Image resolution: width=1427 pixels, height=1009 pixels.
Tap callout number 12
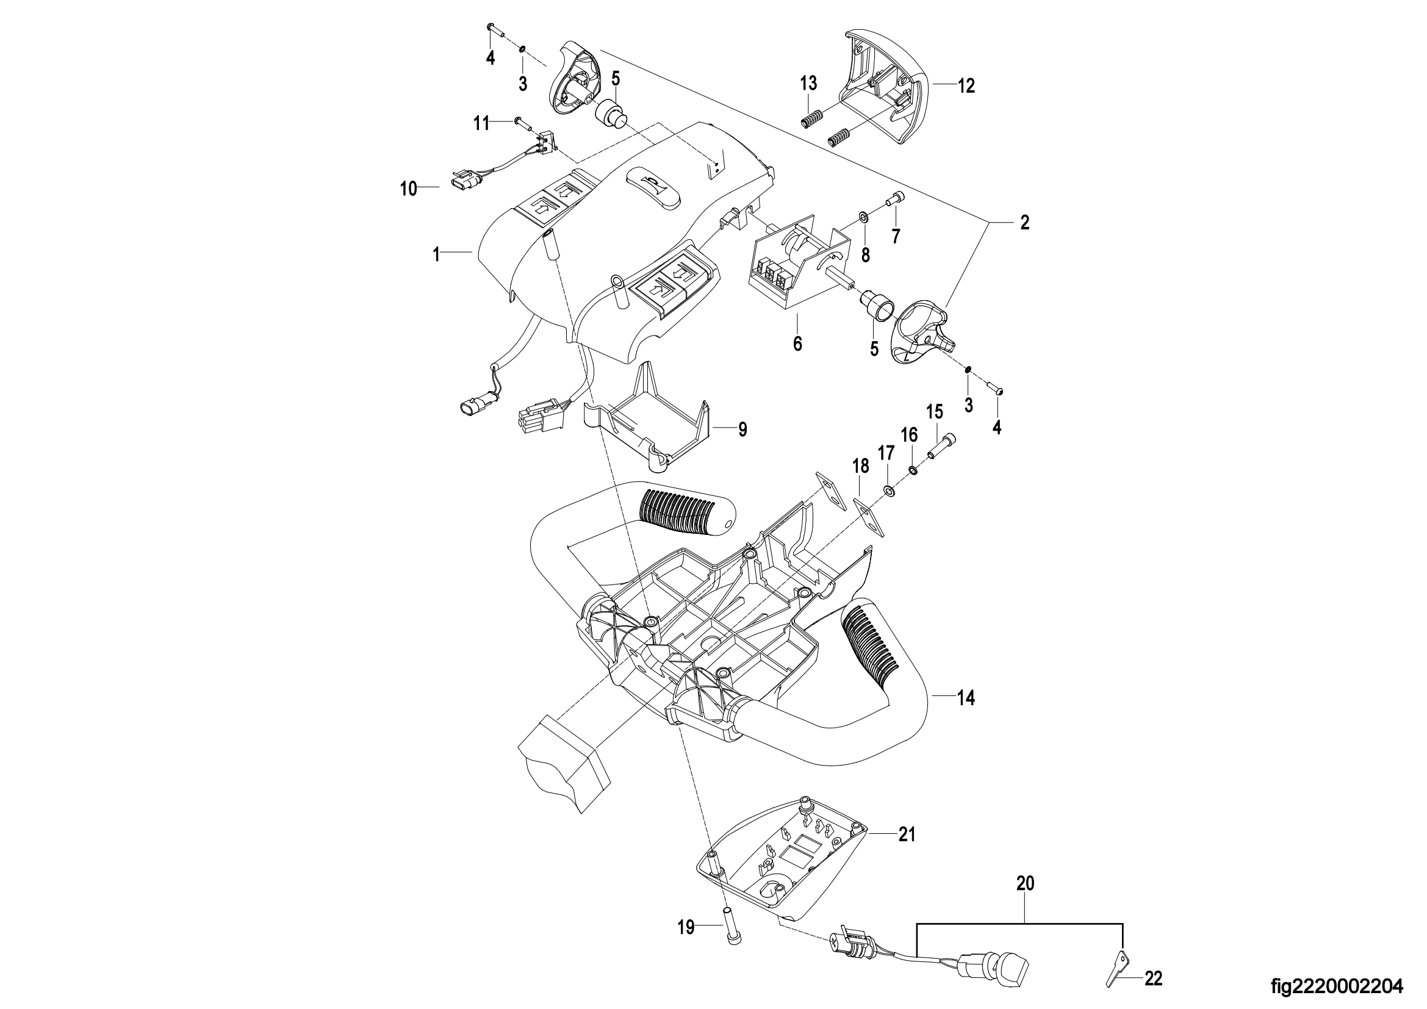[x=966, y=86]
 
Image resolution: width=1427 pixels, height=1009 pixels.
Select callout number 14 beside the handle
[x=966, y=698]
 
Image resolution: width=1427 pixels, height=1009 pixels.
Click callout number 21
[x=907, y=835]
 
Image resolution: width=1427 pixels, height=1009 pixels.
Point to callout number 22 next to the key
[x=1153, y=980]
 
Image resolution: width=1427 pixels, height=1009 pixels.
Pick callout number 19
[x=686, y=928]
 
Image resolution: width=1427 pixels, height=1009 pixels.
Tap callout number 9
[x=742, y=429]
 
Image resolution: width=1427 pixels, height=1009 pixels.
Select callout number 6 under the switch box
[x=797, y=343]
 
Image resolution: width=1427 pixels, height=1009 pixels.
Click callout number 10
[x=408, y=189]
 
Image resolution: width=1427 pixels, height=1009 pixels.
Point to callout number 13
[x=808, y=82]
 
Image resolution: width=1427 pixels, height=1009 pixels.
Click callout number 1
[x=436, y=254]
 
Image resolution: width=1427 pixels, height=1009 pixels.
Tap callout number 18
[x=860, y=466]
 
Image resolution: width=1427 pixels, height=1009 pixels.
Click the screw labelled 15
[x=943, y=446]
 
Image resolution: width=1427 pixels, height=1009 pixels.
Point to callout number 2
[x=1025, y=223]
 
